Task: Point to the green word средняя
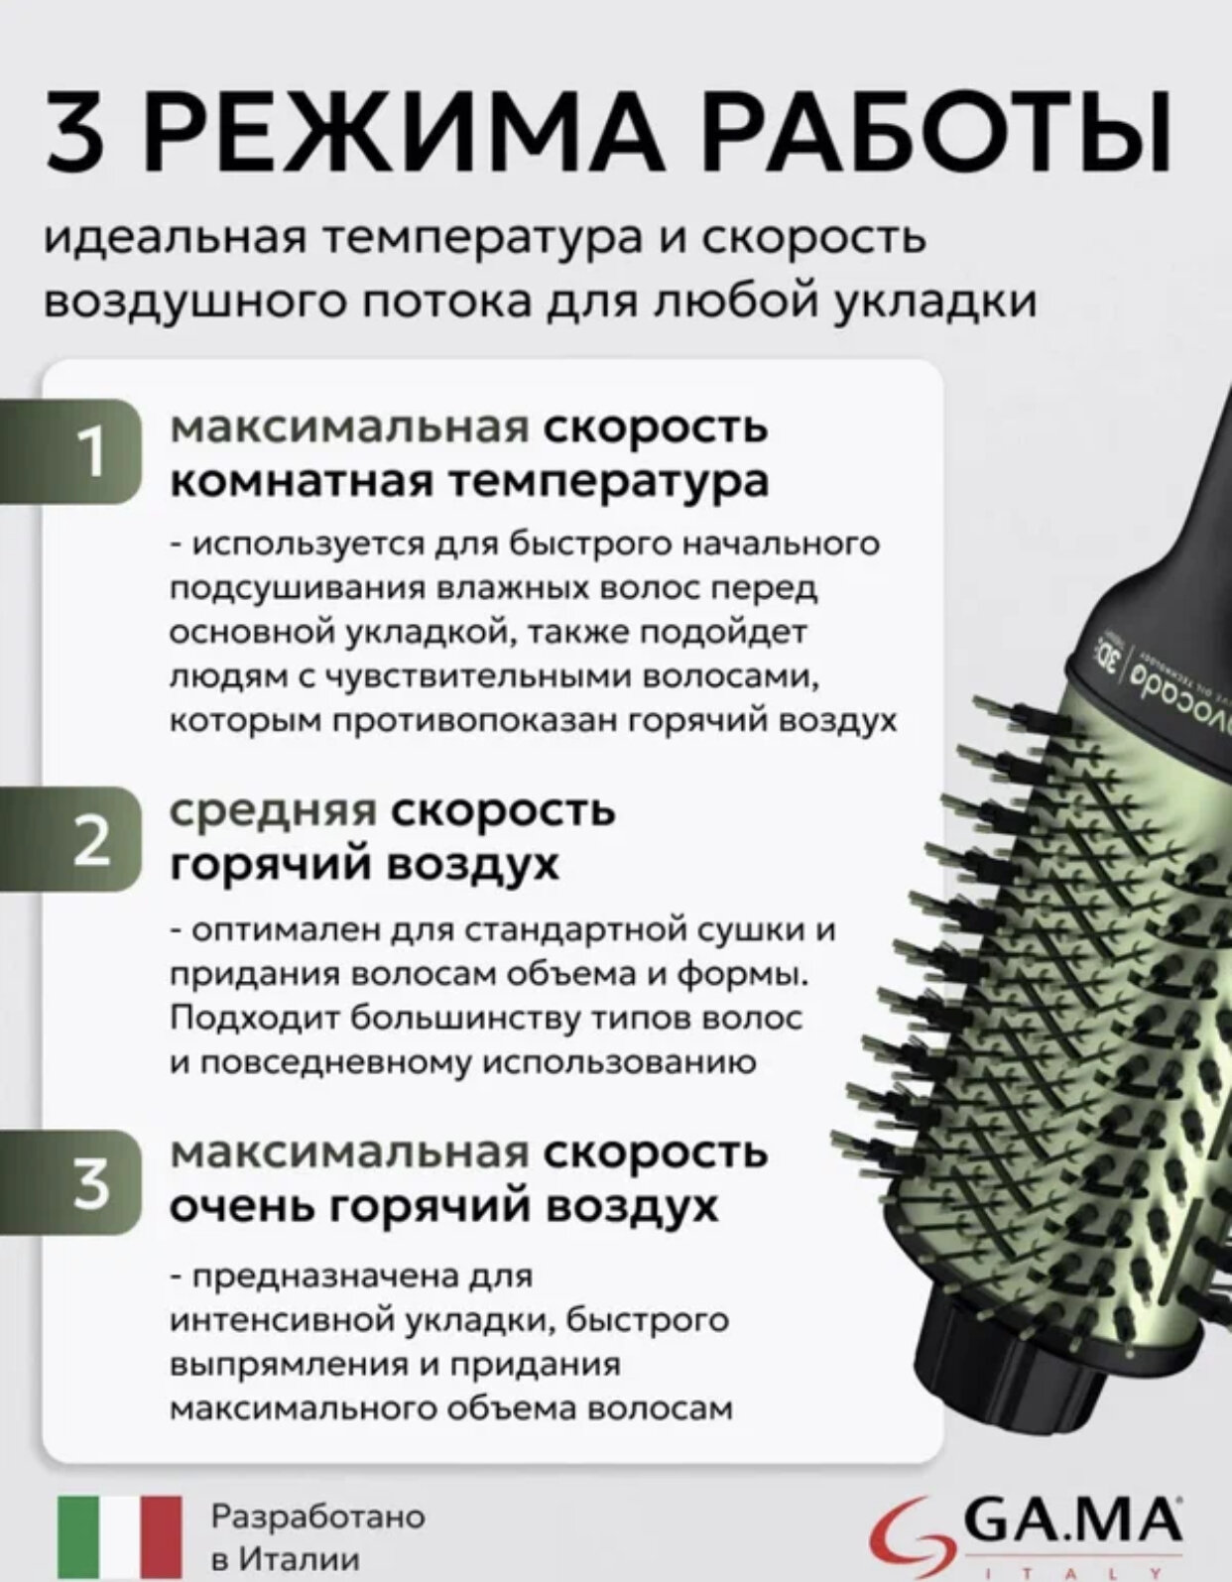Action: tap(273, 810)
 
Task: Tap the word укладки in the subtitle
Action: tap(933, 301)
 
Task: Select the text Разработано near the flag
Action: tap(317, 1517)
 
